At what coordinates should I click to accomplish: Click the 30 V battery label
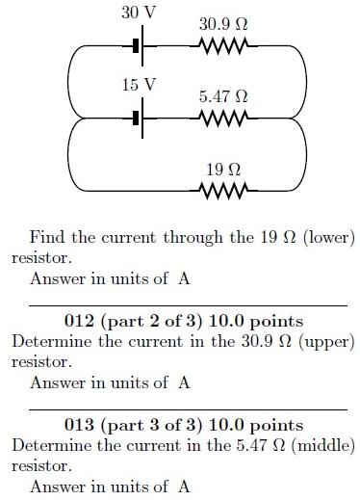click(138, 13)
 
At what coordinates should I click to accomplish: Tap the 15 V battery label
click(138, 85)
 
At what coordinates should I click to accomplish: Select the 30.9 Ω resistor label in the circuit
click(223, 23)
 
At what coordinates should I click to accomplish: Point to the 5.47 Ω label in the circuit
click(223, 96)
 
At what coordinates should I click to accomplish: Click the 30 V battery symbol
click(138, 44)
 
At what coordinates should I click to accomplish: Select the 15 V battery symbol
click(138, 118)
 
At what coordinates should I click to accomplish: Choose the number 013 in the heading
click(79, 425)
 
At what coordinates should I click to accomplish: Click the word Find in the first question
click(45, 237)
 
